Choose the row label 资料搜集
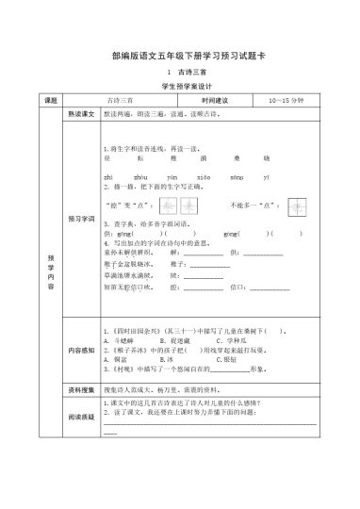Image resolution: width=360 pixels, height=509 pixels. pos(80,387)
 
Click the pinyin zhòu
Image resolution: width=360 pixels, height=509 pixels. pos(139,176)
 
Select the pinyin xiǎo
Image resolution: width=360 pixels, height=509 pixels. pos(202,176)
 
